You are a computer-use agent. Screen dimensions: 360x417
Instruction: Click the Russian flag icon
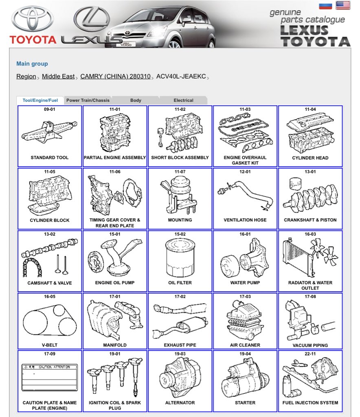325,6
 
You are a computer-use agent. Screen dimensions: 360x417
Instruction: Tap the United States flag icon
343,5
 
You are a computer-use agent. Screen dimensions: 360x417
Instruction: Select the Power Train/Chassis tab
88,100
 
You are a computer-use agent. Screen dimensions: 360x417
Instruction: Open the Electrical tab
183,100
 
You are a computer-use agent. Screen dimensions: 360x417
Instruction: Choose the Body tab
136,100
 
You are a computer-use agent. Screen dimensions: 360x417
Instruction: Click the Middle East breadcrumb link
58,77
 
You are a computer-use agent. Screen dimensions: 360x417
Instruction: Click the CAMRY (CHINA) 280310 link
115,77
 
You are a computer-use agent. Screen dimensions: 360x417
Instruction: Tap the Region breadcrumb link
26,77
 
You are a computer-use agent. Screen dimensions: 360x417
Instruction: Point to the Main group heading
32,64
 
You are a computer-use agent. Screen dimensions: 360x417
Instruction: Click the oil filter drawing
180,258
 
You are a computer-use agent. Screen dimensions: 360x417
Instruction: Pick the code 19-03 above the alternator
180,354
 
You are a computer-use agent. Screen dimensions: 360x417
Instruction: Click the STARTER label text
245,403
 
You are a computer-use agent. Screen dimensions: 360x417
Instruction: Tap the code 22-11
310,354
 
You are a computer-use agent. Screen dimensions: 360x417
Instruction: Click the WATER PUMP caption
245,283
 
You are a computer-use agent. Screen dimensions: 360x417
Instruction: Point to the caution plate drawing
50,377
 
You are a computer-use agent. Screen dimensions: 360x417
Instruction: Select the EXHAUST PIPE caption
180,345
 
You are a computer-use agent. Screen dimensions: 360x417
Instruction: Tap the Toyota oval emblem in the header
33,19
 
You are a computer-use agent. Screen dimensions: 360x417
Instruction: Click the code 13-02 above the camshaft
50,234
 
